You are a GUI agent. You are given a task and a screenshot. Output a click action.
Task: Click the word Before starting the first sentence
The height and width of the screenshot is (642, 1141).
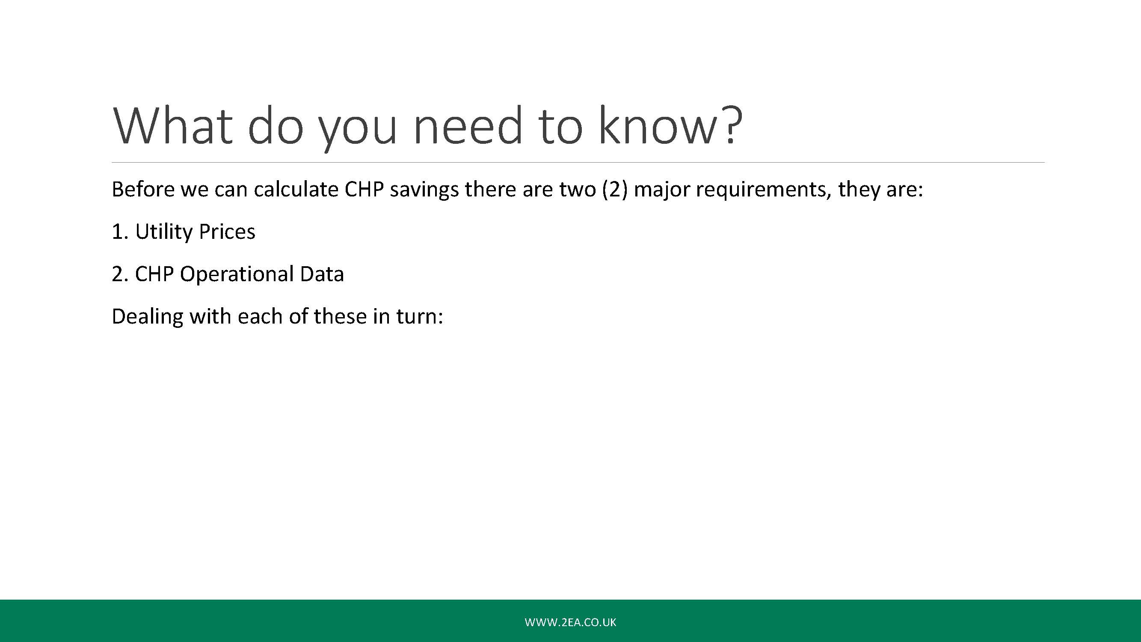click(x=143, y=190)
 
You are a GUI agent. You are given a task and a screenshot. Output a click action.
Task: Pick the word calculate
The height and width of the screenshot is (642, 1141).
click(x=296, y=190)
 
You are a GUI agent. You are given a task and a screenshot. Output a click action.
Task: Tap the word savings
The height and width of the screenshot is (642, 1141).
click(x=424, y=190)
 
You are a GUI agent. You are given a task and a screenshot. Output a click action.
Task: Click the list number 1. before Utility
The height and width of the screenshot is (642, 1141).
click(x=120, y=232)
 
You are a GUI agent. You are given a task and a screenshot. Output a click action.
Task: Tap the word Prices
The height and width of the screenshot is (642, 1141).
click(x=227, y=232)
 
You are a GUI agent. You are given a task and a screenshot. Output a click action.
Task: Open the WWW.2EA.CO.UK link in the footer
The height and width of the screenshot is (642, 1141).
click(x=571, y=622)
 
